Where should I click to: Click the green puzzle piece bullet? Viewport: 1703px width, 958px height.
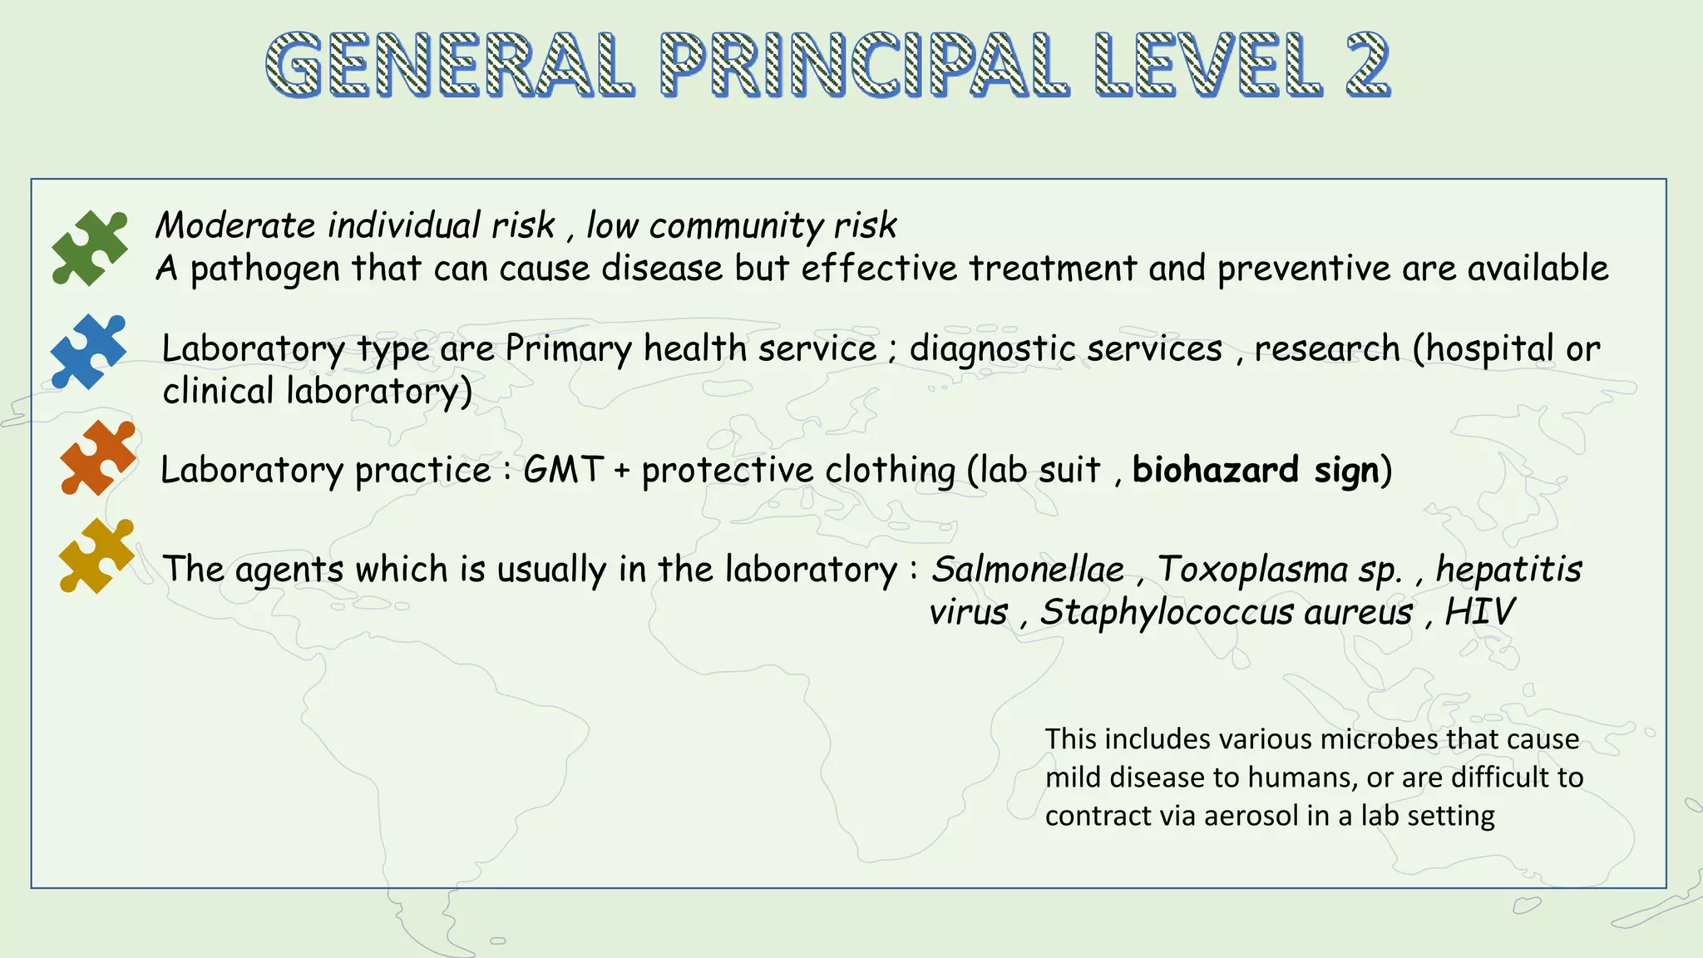pos(90,248)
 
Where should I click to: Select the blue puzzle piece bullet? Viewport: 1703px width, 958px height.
pos(88,352)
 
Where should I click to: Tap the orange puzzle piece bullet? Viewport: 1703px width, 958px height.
pos(97,458)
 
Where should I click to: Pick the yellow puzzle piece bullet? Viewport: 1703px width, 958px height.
pos(96,556)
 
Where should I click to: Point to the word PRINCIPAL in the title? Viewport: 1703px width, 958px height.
pos(864,65)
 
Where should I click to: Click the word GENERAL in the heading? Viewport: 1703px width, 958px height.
pos(450,65)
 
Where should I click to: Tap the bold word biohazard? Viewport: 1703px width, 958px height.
pos(1215,470)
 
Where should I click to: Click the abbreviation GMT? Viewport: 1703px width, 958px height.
pos(563,470)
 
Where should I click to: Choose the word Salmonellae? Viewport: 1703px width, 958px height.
pos(1028,570)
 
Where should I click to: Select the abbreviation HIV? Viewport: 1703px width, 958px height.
pos(1479,613)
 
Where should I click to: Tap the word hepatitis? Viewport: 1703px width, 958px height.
pos(1508,570)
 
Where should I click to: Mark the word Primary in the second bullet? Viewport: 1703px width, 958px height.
pos(568,349)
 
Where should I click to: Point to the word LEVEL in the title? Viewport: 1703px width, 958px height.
pos(1207,65)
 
